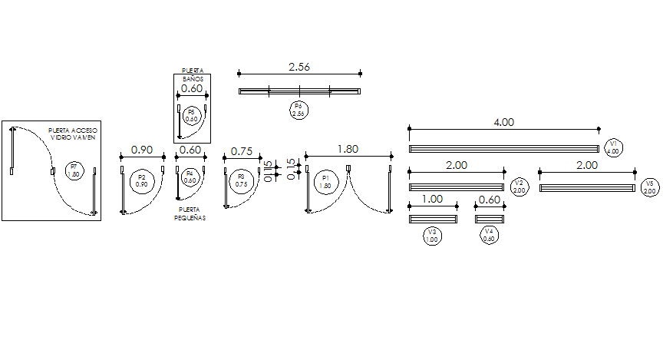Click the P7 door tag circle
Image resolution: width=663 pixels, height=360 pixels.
coord(74,170)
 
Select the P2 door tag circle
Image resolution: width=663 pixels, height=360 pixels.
coord(141,180)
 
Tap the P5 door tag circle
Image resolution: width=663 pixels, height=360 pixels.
coord(192,116)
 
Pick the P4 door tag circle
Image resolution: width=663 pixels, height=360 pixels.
coord(190,177)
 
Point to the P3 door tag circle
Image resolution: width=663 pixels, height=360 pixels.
coord(241,180)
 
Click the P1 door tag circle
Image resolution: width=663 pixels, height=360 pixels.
coord(325,181)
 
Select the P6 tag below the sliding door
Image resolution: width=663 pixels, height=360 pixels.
coord(298,109)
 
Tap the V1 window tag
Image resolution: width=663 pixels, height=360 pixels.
coord(613,147)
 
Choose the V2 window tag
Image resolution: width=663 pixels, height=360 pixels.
coord(519,186)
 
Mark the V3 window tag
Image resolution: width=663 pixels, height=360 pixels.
coord(432,236)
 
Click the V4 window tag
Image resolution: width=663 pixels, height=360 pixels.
coord(489,235)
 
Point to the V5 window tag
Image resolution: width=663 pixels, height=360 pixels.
coord(649,187)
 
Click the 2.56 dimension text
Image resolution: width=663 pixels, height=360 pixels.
coord(299,68)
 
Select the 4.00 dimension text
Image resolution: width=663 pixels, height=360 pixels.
coord(503,122)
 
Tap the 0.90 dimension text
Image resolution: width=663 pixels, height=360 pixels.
coord(142,150)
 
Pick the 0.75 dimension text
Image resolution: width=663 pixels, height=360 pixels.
coord(242,150)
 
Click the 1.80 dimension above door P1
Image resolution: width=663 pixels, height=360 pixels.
coord(348,150)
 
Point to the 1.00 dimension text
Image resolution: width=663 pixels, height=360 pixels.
coord(433,199)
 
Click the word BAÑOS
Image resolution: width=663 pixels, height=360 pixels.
coord(192,79)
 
